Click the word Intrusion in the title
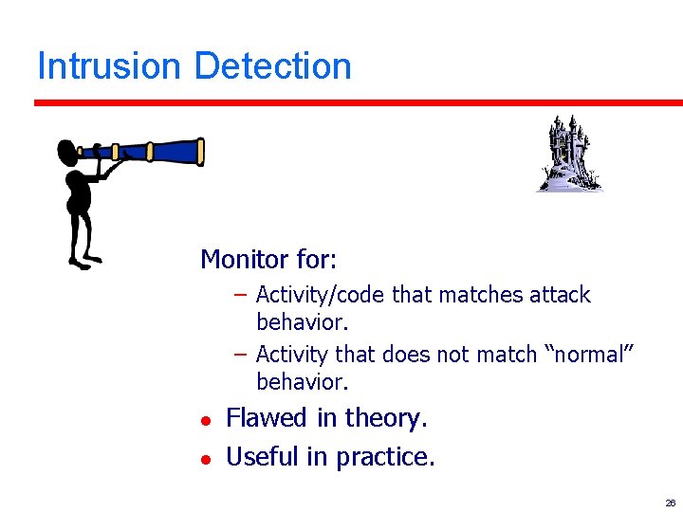[108, 66]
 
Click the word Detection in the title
[272, 66]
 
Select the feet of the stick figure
[83, 260]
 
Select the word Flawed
[266, 418]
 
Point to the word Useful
[263, 457]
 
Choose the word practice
[383, 457]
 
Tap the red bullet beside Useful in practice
[204, 459]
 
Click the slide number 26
[670, 503]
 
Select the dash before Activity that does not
[241, 354]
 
